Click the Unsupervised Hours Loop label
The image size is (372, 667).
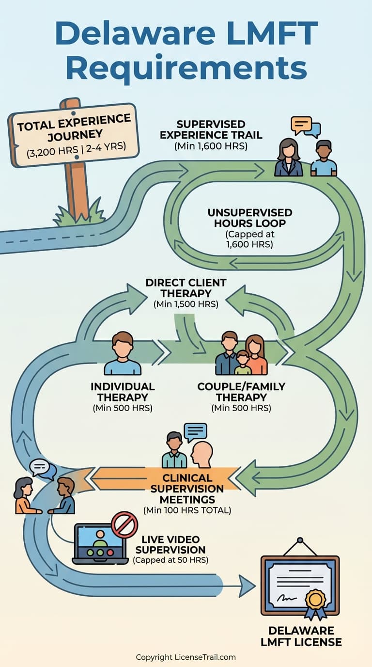(249, 218)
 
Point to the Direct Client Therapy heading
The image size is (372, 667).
(186, 288)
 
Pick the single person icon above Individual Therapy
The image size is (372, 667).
(123, 353)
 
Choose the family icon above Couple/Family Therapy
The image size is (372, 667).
(241, 353)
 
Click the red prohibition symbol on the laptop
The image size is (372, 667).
(124, 524)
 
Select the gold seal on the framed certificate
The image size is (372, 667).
(315, 599)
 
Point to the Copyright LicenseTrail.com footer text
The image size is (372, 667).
(186, 657)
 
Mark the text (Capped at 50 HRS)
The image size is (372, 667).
(170, 561)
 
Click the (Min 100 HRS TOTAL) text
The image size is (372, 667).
(187, 510)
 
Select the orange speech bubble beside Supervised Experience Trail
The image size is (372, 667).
(301, 125)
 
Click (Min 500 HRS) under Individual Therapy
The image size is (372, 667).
(123, 408)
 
